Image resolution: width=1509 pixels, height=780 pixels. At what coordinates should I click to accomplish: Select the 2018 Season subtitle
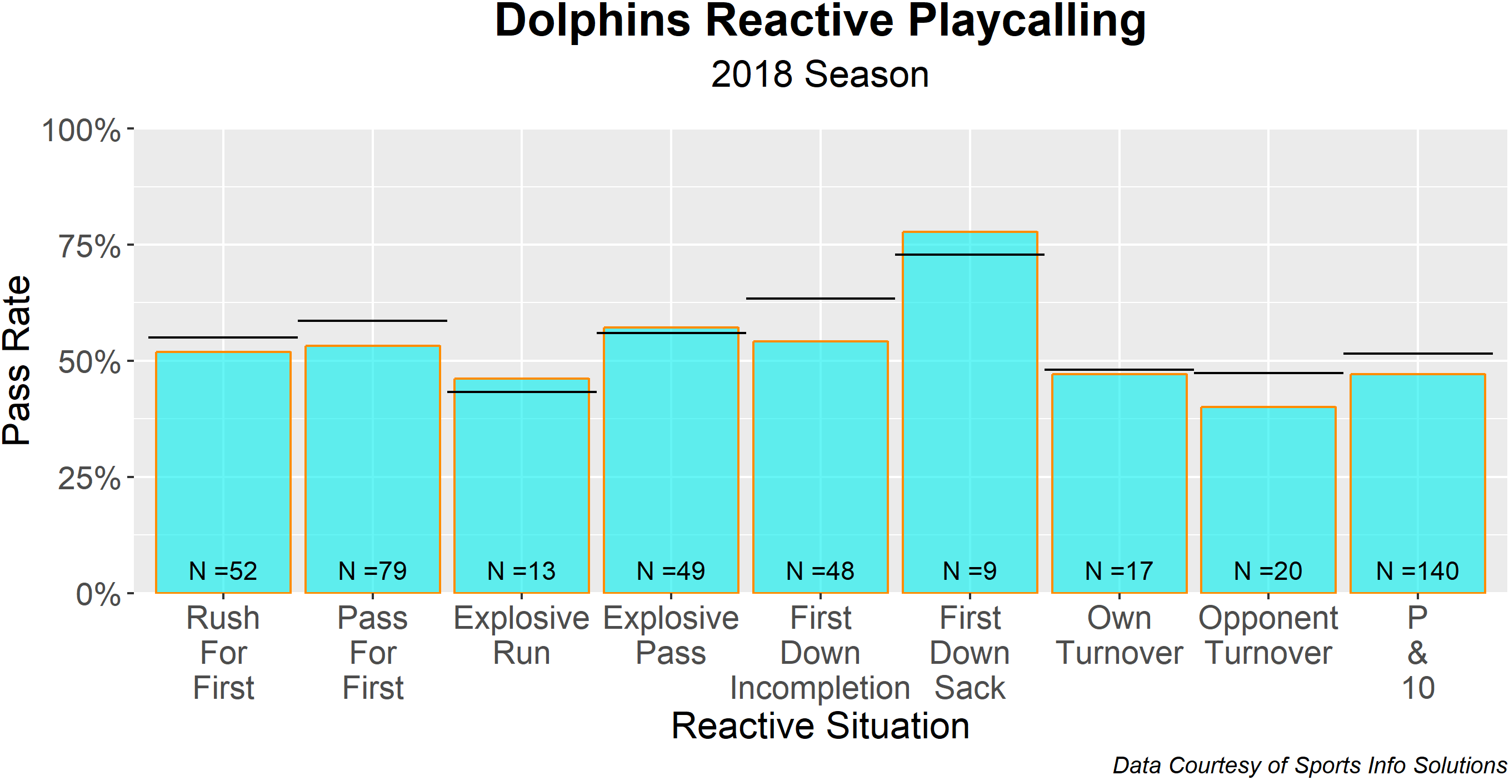[x=820, y=74]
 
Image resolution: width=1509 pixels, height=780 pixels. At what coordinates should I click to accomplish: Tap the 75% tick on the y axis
[x=89, y=246]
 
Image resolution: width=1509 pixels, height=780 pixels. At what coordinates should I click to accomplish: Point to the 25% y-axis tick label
[x=89, y=478]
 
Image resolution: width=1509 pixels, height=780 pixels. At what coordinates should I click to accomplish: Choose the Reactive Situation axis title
[x=820, y=726]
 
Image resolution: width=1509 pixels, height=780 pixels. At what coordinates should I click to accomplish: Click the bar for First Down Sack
[x=970, y=410]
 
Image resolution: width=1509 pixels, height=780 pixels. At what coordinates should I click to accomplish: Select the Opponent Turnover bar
[x=1268, y=498]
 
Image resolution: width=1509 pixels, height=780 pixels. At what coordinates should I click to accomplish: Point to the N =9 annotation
[x=970, y=571]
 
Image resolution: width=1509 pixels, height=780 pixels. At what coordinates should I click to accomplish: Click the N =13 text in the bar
[x=521, y=571]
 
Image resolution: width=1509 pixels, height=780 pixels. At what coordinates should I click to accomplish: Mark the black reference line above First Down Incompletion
[x=820, y=299]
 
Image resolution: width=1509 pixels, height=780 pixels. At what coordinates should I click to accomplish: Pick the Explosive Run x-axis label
[x=521, y=635]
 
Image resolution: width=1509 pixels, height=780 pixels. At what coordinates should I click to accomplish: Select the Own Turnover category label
[x=1119, y=635]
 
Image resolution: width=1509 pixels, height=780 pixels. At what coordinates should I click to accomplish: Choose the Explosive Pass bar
[x=671, y=457]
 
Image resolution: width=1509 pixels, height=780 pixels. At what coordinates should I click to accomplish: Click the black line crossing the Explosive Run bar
[x=521, y=391]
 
